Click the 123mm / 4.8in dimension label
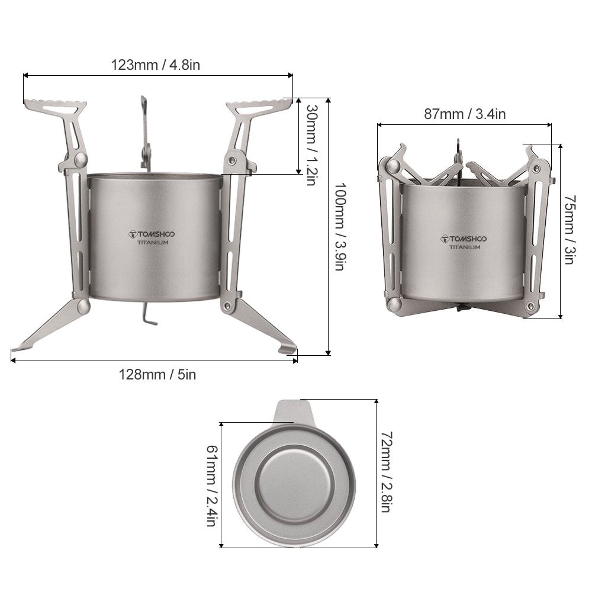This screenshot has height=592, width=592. pos(156,65)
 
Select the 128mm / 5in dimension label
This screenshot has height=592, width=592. pos(157,374)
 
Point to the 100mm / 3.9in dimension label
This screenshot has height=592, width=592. pos(339,226)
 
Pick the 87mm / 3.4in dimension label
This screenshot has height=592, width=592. pos(465,114)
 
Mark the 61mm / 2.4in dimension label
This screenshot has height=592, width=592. pos(211,485)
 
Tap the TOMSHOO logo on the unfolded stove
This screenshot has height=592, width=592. pos(152,234)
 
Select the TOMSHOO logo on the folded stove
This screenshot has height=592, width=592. pos(464,239)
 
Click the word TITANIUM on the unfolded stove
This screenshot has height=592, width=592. pos(153,243)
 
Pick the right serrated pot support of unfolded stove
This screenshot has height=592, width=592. pos(260,107)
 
